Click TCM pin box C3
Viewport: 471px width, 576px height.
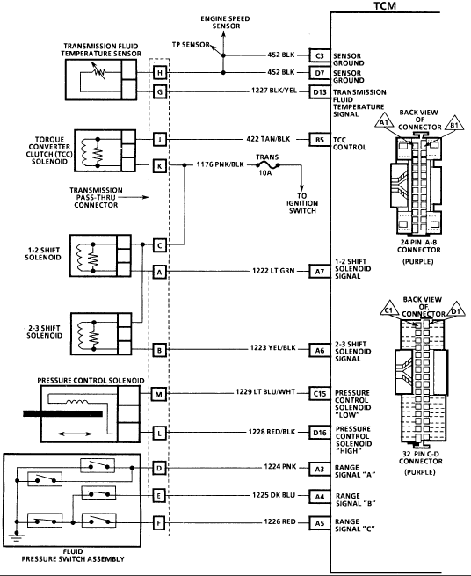coord(319,55)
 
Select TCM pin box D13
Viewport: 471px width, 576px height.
coord(319,91)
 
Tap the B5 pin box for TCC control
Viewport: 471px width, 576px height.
coord(319,140)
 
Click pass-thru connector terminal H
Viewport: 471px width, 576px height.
coord(160,73)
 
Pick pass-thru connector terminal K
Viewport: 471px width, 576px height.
coord(160,166)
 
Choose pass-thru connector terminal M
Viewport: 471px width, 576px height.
coord(158,395)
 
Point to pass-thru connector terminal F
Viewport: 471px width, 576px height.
coord(158,522)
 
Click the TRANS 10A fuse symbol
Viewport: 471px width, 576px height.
coord(268,165)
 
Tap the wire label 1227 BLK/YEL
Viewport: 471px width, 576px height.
coord(274,91)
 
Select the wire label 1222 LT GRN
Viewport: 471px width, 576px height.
coord(273,271)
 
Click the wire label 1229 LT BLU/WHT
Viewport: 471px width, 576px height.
coord(265,392)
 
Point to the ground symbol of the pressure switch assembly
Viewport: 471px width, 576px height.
coord(17,536)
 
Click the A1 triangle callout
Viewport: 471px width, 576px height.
coord(384,122)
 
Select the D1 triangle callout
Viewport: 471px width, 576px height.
coord(455,310)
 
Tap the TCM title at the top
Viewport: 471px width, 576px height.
coord(385,6)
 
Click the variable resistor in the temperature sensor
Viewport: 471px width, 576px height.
coord(98,71)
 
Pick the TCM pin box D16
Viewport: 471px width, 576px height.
coord(319,433)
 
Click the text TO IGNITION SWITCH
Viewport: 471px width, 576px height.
coord(302,203)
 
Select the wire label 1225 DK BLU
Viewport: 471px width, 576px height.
coord(273,495)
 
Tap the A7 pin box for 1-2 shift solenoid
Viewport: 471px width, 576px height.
coord(319,271)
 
